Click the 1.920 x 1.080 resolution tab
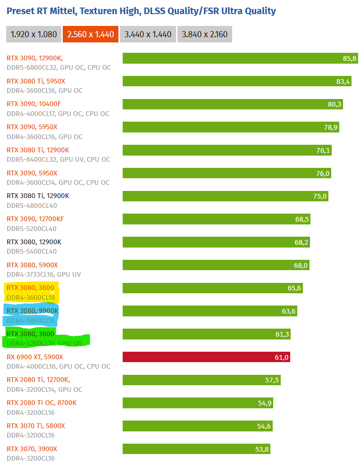pyautogui.click(x=33, y=34)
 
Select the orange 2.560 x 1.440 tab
pyautogui.click(x=91, y=34)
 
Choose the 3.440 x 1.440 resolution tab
pyautogui.click(x=148, y=34)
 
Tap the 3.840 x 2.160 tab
pyautogui.click(x=204, y=34)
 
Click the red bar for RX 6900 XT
pyautogui.click(x=206, y=357)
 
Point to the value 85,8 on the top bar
pyautogui.click(x=350, y=58)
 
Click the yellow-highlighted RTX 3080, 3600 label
pyautogui.click(x=30, y=288)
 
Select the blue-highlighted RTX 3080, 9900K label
pyautogui.click(x=33, y=311)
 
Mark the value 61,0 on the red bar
pyautogui.click(x=281, y=357)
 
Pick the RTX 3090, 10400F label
pyautogui.click(x=33, y=104)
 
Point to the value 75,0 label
pyautogui.click(x=319, y=196)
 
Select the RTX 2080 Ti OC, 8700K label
pyautogui.click(x=42, y=403)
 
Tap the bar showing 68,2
pyautogui.click(x=216, y=242)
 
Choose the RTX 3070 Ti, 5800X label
pyautogui.click(x=36, y=426)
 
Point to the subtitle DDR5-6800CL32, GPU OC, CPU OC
pyautogui.click(x=59, y=67)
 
